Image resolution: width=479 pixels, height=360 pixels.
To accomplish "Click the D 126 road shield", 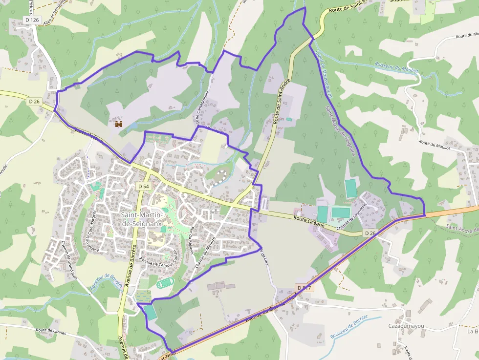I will [x=31, y=20].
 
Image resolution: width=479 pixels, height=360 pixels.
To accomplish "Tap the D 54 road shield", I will [x=143, y=187].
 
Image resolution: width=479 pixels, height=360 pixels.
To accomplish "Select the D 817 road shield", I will [x=304, y=288].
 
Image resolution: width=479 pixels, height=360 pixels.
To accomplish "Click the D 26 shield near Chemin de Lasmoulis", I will [x=370, y=233].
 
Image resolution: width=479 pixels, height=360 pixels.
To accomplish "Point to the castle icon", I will [x=119, y=125].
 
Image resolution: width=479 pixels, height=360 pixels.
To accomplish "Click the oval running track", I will [x=166, y=283].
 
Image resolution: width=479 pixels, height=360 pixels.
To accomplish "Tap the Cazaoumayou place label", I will [x=405, y=326].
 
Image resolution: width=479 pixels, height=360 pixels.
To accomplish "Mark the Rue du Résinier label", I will [x=185, y=240].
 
